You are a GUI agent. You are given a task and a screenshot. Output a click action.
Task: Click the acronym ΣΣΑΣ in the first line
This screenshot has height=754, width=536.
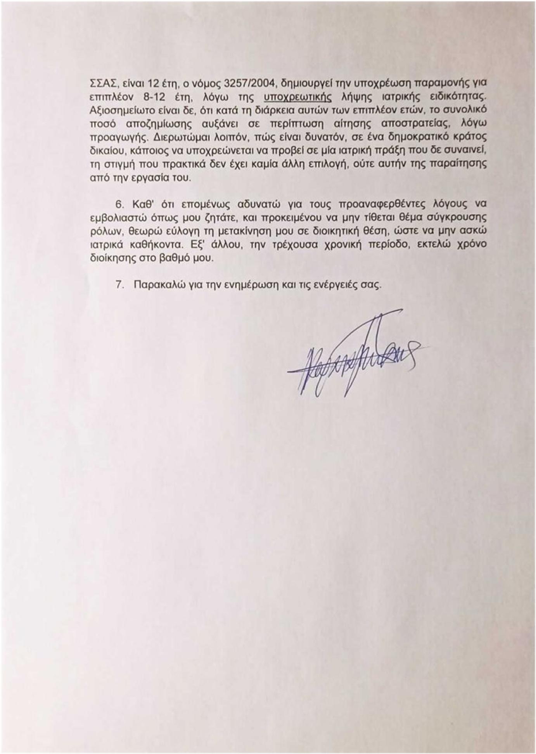[x=102, y=83]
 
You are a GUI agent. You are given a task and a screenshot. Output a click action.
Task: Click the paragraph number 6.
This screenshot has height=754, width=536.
[x=119, y=204]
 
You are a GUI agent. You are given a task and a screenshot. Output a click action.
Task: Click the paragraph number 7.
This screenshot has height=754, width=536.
[x=119, y=284]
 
